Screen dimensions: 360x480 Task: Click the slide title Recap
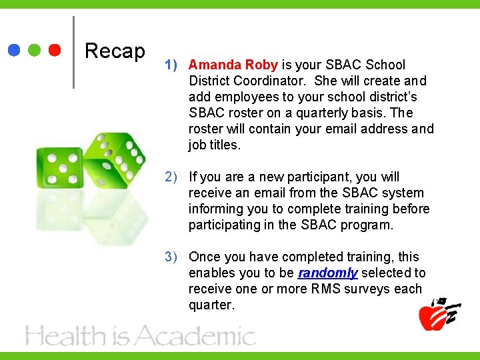115,51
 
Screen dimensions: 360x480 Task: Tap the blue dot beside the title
14,51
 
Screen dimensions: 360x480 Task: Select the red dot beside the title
55,51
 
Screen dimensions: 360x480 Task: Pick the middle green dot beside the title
35,51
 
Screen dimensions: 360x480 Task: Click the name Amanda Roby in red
233,65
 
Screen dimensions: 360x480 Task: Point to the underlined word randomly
328,273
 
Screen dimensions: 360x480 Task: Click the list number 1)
171,65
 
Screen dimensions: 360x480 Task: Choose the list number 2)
171,177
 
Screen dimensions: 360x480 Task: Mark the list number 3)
171,257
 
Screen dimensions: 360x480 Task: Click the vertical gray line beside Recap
73,52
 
